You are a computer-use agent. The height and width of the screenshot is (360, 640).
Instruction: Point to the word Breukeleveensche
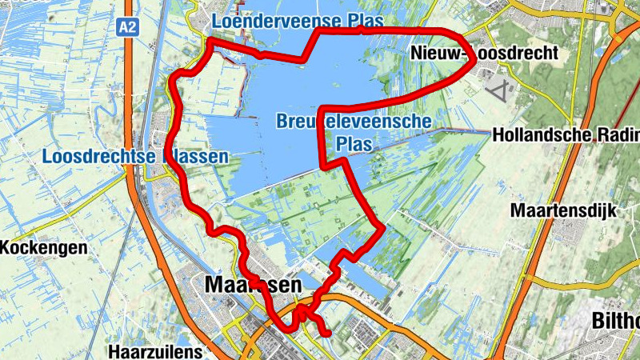coord(354,122)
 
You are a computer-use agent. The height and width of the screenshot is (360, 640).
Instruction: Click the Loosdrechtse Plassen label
coord(135,156)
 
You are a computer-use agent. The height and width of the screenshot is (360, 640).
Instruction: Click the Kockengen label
coord(43,248)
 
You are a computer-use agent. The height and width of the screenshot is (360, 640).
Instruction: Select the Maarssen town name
coord(253,285)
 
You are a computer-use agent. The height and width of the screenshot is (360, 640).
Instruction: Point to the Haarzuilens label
coord(157,350)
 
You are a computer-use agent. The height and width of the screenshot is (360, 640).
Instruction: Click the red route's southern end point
coord(326,333)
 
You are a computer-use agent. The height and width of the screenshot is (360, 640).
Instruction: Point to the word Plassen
coord(195,156)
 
